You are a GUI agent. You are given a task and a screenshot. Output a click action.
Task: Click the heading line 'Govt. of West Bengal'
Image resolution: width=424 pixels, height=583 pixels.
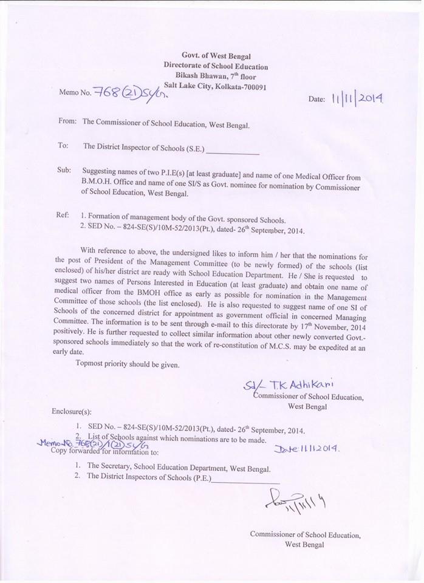click(216, 56)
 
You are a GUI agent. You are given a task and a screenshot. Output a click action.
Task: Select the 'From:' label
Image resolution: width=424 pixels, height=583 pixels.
click(67, 121)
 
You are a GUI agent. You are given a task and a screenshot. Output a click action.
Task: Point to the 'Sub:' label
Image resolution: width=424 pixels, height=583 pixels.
click(65, 171)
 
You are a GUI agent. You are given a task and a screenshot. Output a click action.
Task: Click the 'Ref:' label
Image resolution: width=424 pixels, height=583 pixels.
click(64, 216)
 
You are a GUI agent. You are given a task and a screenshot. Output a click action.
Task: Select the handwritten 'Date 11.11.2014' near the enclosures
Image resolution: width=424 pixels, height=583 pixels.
click(307, 449)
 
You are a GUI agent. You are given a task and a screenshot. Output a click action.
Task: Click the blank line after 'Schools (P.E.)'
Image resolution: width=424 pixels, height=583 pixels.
click(246, 480)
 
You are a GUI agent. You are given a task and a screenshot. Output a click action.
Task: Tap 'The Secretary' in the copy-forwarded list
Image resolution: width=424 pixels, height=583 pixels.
click(110, 466)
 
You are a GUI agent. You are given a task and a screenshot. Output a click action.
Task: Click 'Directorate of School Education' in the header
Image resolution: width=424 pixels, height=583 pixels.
click(216, 66)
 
